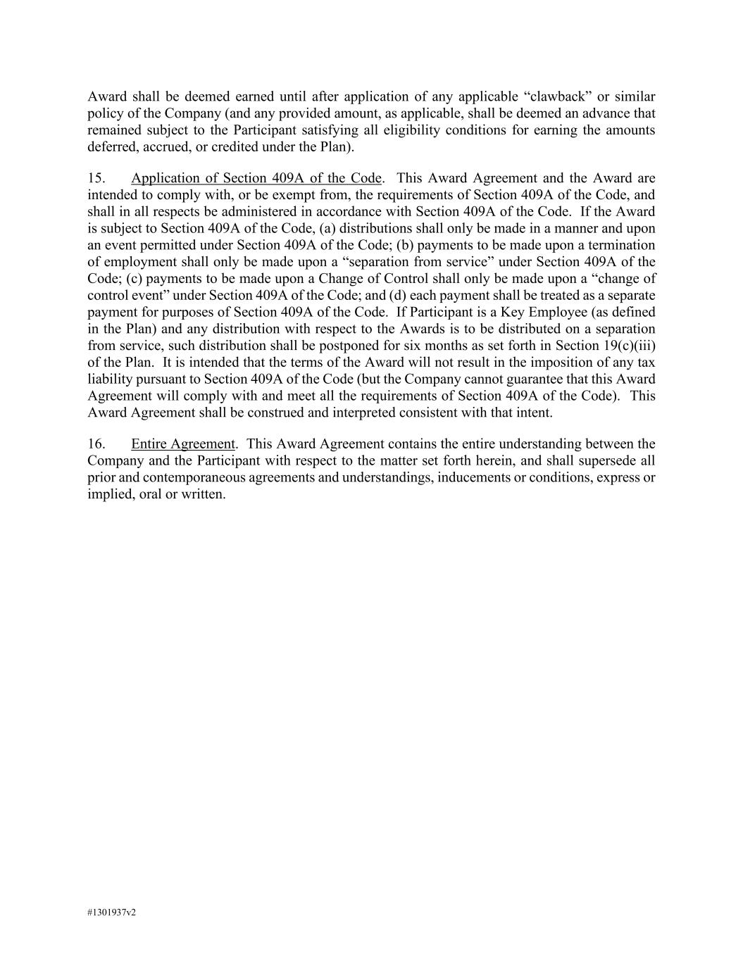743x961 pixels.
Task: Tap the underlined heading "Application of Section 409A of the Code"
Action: click(256, 178)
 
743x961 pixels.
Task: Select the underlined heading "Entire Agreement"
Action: click(182, 444)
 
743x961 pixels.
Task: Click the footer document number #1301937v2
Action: click(111, 912)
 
